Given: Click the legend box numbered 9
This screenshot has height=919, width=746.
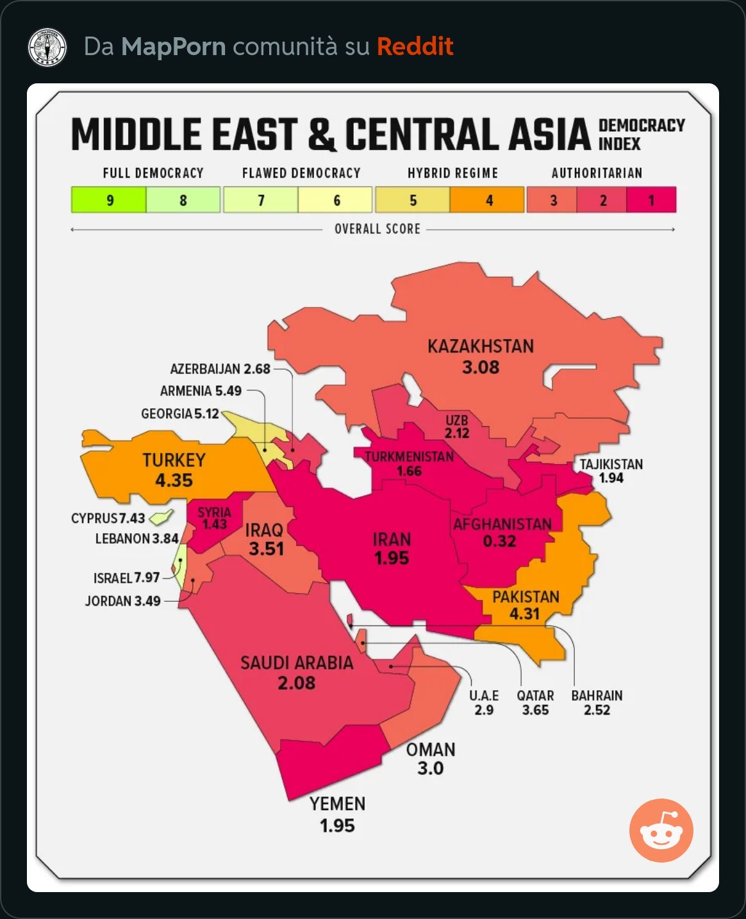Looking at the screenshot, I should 109,200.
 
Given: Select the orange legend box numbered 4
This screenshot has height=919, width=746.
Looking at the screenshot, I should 488,200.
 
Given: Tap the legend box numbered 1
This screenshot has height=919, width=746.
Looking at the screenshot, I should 651,200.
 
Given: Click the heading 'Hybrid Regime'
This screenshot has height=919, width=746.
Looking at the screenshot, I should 452,173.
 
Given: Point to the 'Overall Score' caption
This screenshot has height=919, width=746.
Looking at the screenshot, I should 377,229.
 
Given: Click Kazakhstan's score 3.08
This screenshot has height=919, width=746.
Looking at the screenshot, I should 480,367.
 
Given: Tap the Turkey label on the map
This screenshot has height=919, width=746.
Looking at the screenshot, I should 174,460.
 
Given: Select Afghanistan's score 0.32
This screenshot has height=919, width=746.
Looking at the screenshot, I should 499,541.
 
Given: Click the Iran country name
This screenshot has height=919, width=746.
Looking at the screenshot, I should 392,540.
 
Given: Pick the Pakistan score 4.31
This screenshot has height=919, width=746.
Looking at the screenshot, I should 524,614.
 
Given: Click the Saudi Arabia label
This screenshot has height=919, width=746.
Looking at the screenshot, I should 297,663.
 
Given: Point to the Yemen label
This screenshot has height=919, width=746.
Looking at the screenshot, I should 337,804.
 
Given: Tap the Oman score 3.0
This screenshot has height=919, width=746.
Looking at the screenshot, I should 430,768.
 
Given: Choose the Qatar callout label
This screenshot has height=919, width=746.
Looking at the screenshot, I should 535,696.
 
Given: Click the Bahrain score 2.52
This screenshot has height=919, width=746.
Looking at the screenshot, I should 597,710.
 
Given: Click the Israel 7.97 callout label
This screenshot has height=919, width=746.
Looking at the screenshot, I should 126,578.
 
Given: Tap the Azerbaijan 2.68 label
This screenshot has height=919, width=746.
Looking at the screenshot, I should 220,369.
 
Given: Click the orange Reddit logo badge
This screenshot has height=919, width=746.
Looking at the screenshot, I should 661,830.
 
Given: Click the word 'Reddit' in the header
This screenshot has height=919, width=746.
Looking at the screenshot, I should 415,46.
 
